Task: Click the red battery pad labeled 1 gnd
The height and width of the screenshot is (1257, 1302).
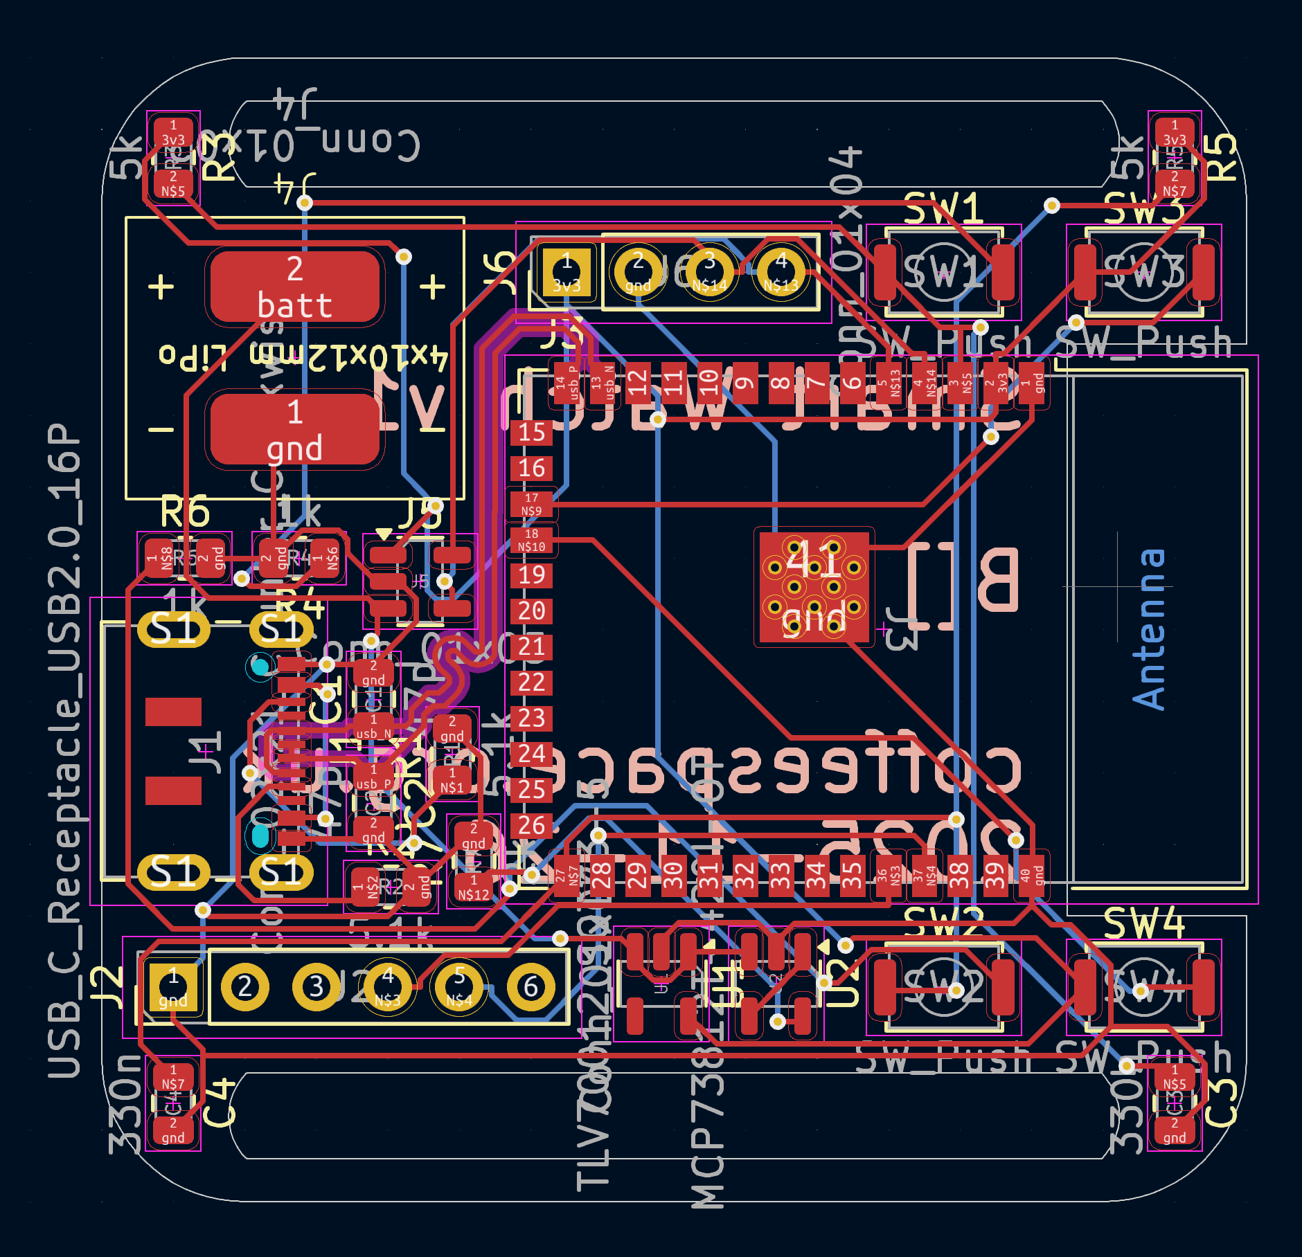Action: click(294, 430)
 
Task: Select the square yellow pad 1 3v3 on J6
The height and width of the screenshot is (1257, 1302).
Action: click(567, 272)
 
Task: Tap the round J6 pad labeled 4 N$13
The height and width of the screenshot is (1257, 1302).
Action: click(781, 272)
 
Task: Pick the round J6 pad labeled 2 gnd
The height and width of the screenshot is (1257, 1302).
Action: click(638, 272)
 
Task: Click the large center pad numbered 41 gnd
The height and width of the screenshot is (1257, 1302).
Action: click(814, 587)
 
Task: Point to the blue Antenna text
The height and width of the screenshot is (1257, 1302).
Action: click(1150, 630)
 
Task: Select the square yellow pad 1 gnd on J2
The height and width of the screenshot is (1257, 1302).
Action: click(173, 988)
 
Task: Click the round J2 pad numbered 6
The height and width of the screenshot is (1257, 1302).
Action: click(530, 988)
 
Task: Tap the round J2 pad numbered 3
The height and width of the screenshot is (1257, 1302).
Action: click(316, 988)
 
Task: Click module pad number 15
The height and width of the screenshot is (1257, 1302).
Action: click(531, 433)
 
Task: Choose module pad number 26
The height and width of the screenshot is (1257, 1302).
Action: click(531, 825)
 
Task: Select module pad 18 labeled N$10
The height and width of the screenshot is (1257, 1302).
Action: click(531, 540)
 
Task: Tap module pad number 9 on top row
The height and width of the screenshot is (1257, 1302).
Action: click(744, 382)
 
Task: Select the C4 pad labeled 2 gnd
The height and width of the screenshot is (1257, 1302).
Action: click(173, 1130)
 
